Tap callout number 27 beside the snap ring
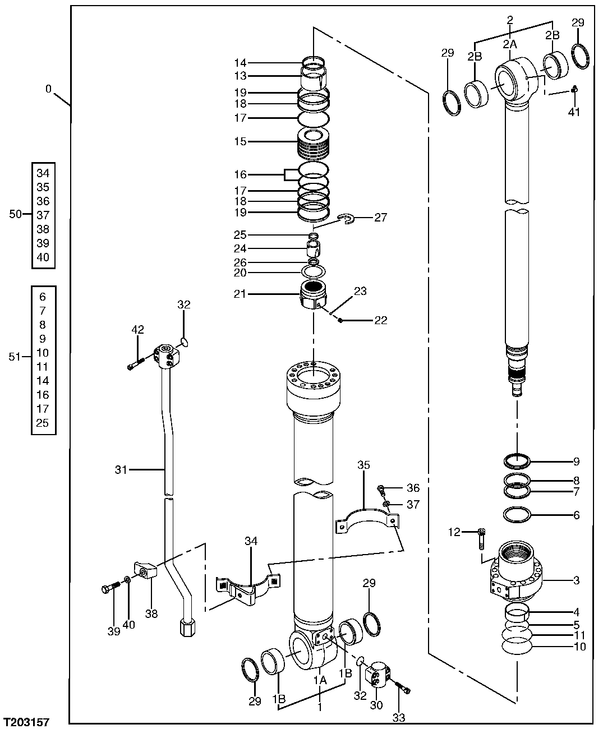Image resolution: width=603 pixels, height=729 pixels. pyautogui.click(x=380, y=218)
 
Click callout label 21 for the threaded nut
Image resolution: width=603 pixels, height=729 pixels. pyautogui.click(x=240, y=293)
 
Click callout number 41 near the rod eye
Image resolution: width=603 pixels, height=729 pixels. pyautogui.click(x=573, y=112)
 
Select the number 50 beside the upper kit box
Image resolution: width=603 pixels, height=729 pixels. pyautogui.click(x=16, y=215)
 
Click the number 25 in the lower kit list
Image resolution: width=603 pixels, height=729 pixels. pyautogui.click(x=43, y=423)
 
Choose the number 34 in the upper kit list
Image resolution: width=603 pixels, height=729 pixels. pyautogui.click(x=43, y=173)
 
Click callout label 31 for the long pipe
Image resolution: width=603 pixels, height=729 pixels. pyautogui.click(x=121, y=469)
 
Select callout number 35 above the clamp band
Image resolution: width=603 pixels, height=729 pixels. pyautogui.click(x=363, y=465)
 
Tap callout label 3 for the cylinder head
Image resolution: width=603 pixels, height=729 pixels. pyautogui.click(x=576, y=580)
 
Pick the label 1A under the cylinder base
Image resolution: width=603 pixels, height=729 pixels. pyautogui.click(x=320, y=680)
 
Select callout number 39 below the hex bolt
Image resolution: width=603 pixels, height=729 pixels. pyautogui.click(x=114, y=632)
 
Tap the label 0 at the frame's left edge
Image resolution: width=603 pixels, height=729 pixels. pyautogui.click(x=48, y=89)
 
